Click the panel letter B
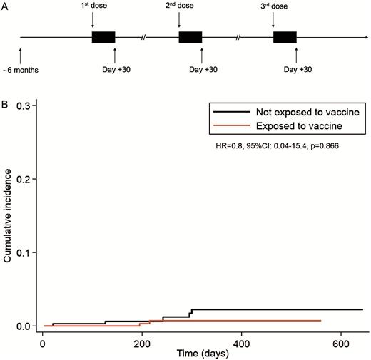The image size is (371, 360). click(6, 102)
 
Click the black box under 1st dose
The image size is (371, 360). click(103, 37)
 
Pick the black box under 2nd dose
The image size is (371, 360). click(190, 37)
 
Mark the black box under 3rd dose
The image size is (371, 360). click(285, 37)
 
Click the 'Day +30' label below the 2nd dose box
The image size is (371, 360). click(203, 69)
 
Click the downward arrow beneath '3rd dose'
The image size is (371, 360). click(273, 24)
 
